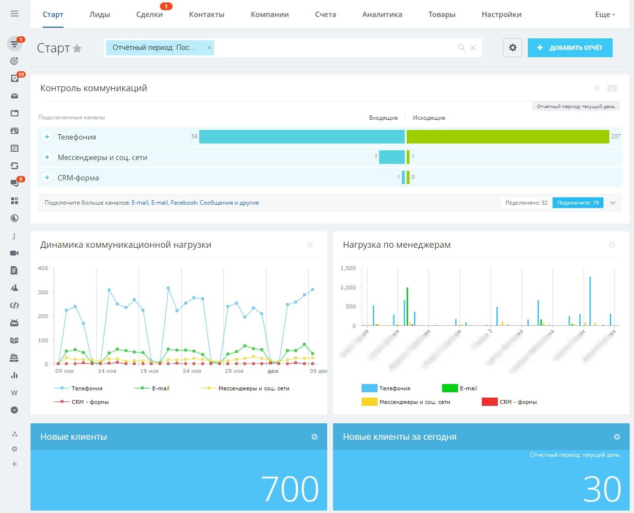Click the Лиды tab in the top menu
point(99,15)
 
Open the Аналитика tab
point(382,15)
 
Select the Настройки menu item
point(501,15)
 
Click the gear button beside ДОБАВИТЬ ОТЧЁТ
point(512,48)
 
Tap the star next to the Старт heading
point(77,48)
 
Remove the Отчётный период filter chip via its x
point(209,48)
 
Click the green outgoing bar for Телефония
point(507,137)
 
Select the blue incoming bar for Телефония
point(301,137)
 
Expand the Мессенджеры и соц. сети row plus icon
point(47,157)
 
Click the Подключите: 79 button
point(578,203)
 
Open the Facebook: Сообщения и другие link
point(215,203)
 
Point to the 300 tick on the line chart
point(43,292)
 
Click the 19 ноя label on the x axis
point(149,371)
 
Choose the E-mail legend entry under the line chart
point(160,388)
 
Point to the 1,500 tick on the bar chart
point(348,268)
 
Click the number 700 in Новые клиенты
point(290,489)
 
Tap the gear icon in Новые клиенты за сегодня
point(617,437)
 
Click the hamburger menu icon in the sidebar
point(15,14)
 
